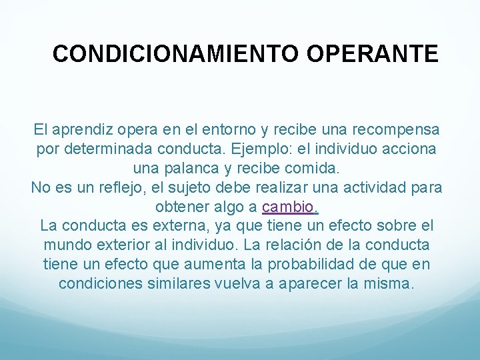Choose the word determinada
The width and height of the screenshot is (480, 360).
[109, 149]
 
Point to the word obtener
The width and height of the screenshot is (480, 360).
[181, 207]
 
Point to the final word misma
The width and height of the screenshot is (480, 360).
[390, 284]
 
